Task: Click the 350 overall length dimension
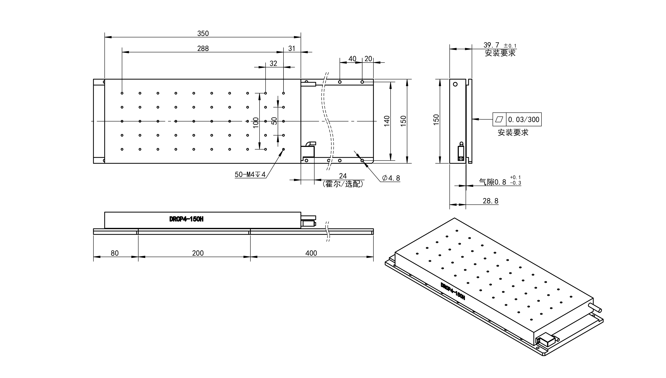203,33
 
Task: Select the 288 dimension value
203,48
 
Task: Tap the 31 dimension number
292,48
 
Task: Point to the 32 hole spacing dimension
273,64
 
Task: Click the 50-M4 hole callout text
250,174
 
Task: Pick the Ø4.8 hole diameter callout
391,178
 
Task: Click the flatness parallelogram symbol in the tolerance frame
499,119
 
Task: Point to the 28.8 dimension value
490,201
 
